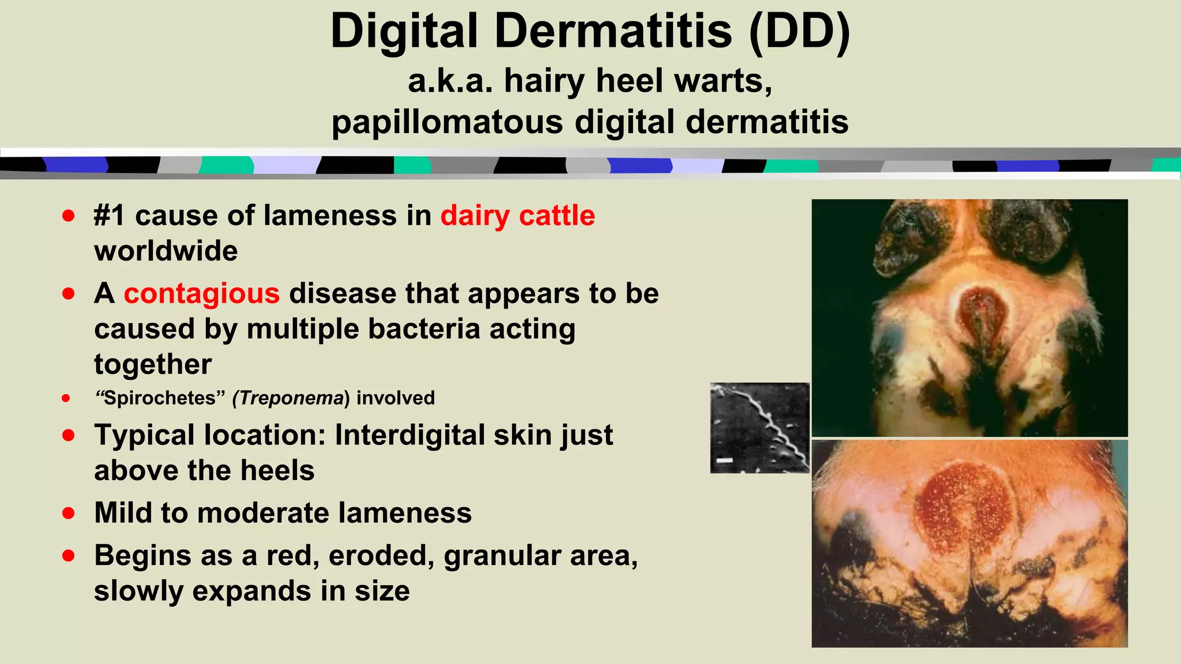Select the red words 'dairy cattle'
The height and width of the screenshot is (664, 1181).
(517, 216)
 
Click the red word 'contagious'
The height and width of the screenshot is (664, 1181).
(202, 293)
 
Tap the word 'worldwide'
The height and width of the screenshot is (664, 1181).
(166, 251)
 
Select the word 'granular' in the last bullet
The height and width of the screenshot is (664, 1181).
(501, 556)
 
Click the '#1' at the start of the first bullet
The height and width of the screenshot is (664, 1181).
(110, 216)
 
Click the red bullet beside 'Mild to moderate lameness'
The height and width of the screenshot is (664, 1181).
(69, 513)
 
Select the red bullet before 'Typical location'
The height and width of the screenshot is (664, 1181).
(69, 435)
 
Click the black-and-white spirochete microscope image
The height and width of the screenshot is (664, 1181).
(759, 428)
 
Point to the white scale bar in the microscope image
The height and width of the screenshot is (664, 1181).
(724, 461)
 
